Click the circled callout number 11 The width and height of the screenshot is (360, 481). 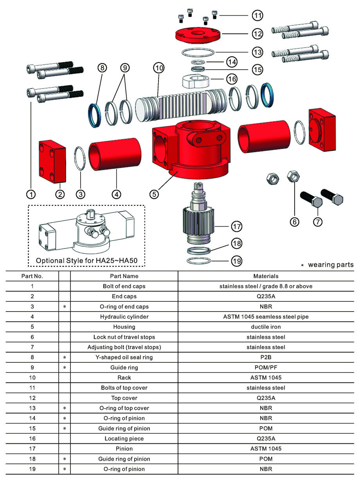pos(257,16)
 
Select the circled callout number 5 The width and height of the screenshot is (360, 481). pos(155,193)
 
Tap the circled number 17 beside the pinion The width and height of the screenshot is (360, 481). pos(236,226)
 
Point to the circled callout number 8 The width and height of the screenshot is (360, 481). pos(102,68)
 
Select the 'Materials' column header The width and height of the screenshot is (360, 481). pos(266,276)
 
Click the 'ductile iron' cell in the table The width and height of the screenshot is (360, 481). pos(266,327)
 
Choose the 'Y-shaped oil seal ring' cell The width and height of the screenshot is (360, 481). pos(124,357)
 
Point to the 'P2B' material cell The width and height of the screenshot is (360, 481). pos(266,357)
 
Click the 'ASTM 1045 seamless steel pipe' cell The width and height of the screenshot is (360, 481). pos(266,317)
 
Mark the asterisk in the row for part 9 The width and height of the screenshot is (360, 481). pos(64,368)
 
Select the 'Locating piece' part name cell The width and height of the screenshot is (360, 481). pos(124,439)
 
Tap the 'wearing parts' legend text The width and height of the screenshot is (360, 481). pos(331,265)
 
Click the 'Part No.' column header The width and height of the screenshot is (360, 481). pos(32,276)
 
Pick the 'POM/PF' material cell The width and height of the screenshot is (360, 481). pos(266,368)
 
